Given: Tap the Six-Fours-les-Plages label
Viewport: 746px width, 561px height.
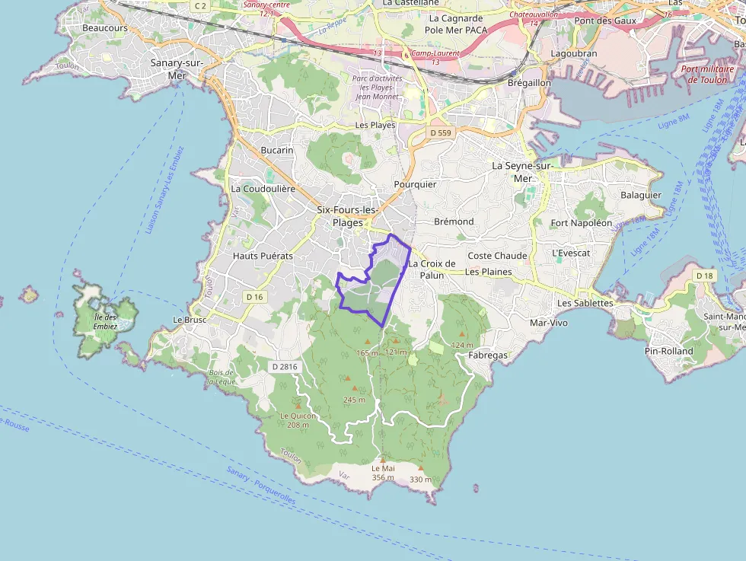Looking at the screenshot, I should click(x=347, y=216).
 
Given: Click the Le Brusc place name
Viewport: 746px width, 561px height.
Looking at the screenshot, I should click(x=190, y=320).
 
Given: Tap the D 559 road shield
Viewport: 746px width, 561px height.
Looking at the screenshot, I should click(x=440, y=133).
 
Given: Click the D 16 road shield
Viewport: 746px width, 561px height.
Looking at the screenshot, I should click(x=254, y=296).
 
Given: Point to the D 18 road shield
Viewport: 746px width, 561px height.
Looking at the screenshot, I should click(x=704, y=275).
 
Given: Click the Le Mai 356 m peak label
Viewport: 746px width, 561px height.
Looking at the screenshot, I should click(x=383, y=473).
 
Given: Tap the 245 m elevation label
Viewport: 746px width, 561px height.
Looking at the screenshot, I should click(x=354, y=400).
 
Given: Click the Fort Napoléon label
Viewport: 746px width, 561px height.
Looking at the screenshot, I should click(x=581, y=223).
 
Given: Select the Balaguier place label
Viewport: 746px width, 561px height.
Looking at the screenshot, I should click(x=640, y=195).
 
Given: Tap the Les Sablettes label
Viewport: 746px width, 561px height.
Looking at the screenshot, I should click(x=585, y=303).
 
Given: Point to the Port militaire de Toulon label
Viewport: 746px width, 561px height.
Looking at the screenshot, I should click(x=707, y=74).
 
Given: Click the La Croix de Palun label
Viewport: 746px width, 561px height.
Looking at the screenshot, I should click(x=432, y=269).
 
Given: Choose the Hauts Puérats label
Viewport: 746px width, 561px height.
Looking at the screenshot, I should click(x=263, y=257).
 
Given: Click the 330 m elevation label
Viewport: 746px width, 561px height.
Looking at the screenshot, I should click(x=420, y=480).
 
